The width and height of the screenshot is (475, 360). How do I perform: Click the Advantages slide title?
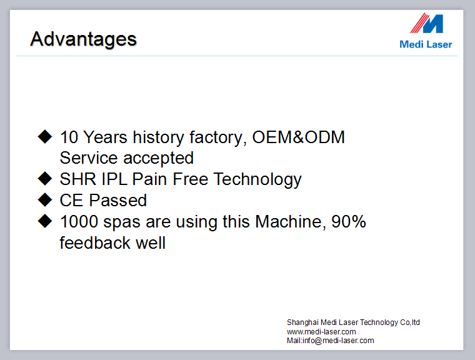[x=83, y=39]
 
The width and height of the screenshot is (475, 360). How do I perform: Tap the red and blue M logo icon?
[x=426, y=23]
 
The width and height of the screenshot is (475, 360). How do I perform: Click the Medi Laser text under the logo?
[x=426, y=44]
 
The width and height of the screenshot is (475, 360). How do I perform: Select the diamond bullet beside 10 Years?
[x=45, y=136]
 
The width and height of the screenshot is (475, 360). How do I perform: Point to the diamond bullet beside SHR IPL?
[x=45, y=179]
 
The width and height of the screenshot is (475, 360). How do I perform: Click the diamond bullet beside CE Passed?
[x=45, y=200]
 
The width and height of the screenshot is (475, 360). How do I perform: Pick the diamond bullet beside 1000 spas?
[x=45, y=221]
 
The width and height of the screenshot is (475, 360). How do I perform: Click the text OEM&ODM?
[x=298, y=137]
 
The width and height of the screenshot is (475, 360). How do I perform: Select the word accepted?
[x=158, y=159]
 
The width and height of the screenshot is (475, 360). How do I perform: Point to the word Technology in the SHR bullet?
[x=257, y=180]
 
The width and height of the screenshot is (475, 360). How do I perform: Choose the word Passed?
[x=118, y=200]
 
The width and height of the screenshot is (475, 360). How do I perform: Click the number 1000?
[x=79, y=221]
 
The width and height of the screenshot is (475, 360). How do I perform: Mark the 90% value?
[x=349, y=221]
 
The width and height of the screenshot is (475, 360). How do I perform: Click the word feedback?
[x=95, y=242]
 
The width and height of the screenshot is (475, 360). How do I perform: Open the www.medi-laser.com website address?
[x=321, y=332]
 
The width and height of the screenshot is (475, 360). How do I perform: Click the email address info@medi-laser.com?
[x=338, y=341]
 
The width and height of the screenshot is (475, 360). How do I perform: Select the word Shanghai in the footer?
[x=302, y=322]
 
